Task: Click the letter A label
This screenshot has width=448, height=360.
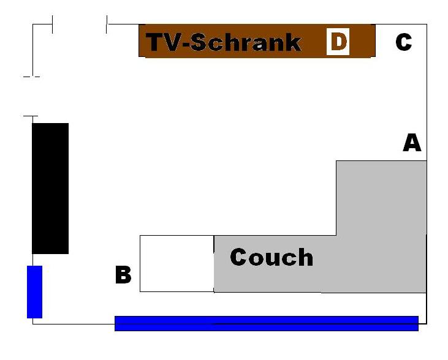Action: pos(412,143)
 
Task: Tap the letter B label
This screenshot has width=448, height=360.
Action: pos(123,276)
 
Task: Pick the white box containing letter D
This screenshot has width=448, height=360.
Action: pos(338,42)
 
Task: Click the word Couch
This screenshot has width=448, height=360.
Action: pos(271,257)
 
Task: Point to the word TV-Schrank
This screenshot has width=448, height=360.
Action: pos(224,43)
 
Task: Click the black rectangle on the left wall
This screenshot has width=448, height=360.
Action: pos(50,188)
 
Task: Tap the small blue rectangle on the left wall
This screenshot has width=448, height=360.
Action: pos(34,291)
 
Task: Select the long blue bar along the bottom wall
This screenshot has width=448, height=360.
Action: pos(266,323)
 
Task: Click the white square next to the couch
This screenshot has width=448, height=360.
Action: pos(177,263)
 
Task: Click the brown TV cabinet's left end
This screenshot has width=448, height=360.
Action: pos(143,41)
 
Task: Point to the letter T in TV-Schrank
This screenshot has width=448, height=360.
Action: pos(156,43)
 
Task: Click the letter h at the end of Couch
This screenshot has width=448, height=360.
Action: pos(305,257)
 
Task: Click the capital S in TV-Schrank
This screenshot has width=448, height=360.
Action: pos(205,43)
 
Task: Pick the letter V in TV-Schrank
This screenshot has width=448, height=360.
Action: pos(174,43)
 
